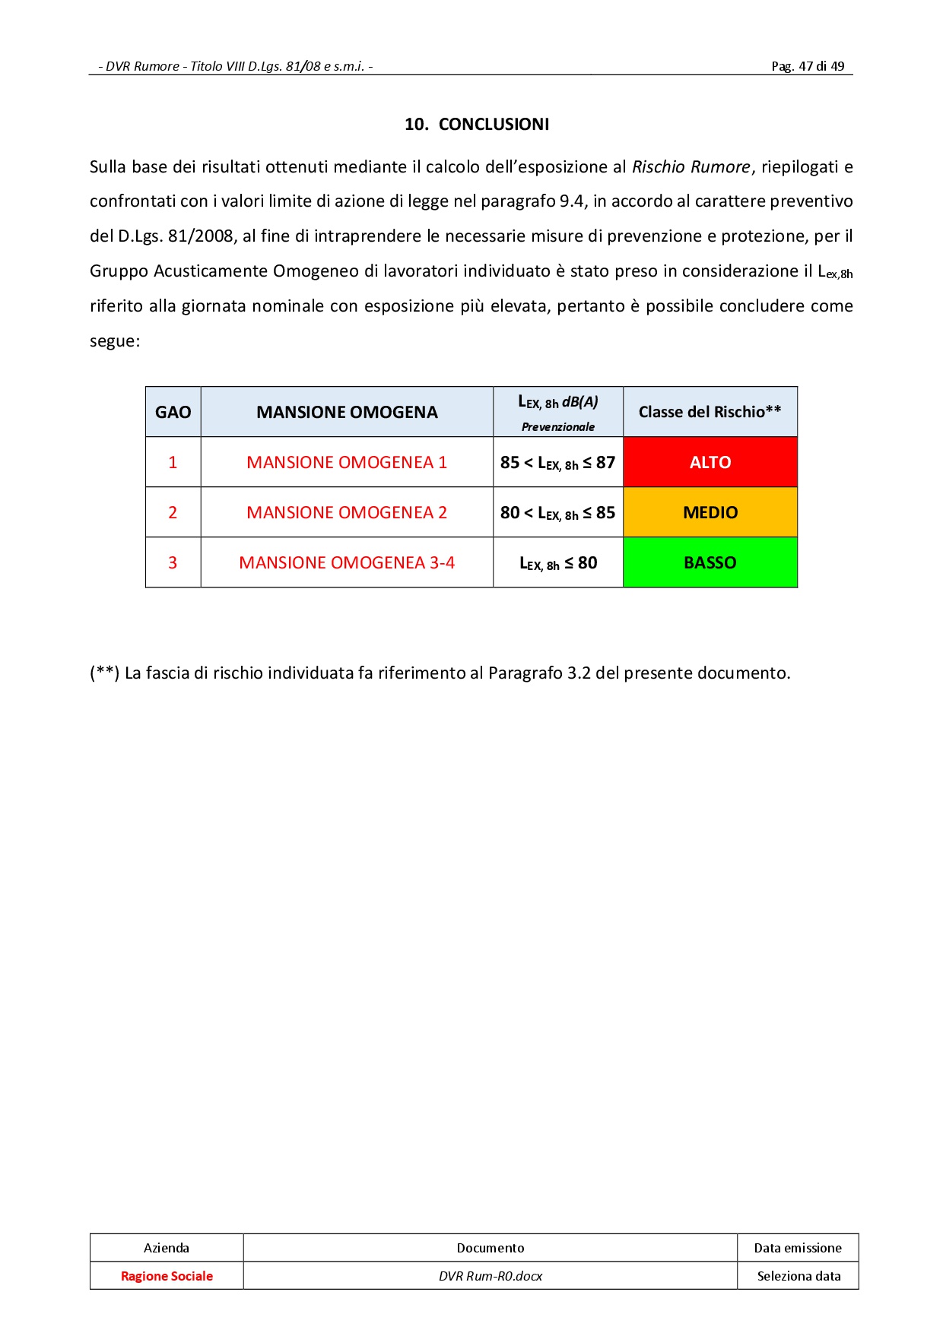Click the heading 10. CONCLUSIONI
[477, 125]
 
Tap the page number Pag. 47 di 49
[808, 66]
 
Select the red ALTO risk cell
[710, 462]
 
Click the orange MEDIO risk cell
[710, 512]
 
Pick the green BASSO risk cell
[710, 562]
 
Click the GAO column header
[173, 412]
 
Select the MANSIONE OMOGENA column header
[347, 412]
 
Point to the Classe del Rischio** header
[710, 412]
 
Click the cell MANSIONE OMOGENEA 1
[347, 462]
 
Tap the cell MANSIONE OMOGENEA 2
[347, 512]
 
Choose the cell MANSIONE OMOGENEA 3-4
[347, 562]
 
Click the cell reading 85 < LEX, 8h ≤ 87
[557, 462]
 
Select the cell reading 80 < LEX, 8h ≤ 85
[557, 512]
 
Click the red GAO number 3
[173, 562]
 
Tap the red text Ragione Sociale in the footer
[167, 1276]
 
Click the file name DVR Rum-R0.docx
[491, 1276]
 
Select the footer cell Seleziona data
[799, 1276]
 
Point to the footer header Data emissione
[798, 1248]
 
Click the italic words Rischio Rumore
[691, 167]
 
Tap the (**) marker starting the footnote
[105, 673]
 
